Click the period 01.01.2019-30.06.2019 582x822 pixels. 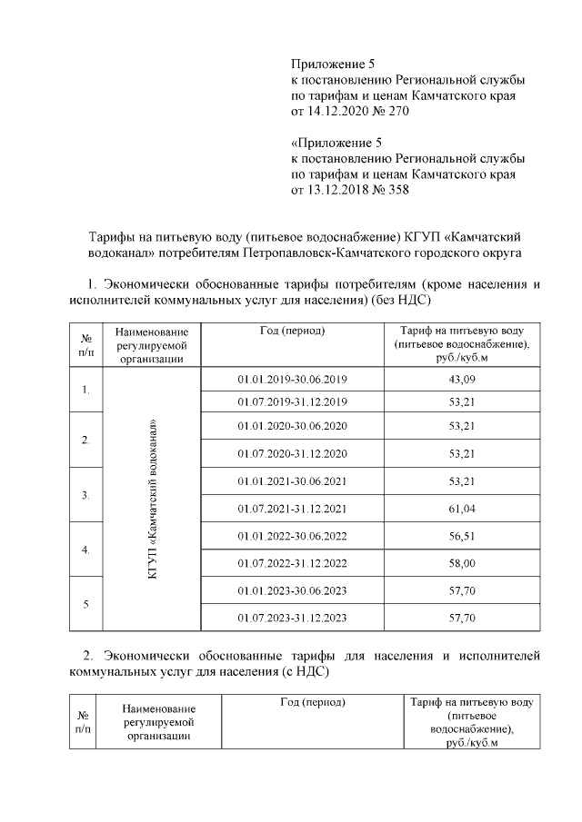point(292,378)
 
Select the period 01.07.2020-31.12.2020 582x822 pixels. point(292,453)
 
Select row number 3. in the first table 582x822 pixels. point(85,495)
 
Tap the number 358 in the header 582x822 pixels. point(396,190)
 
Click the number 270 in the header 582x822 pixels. point(398,111)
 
